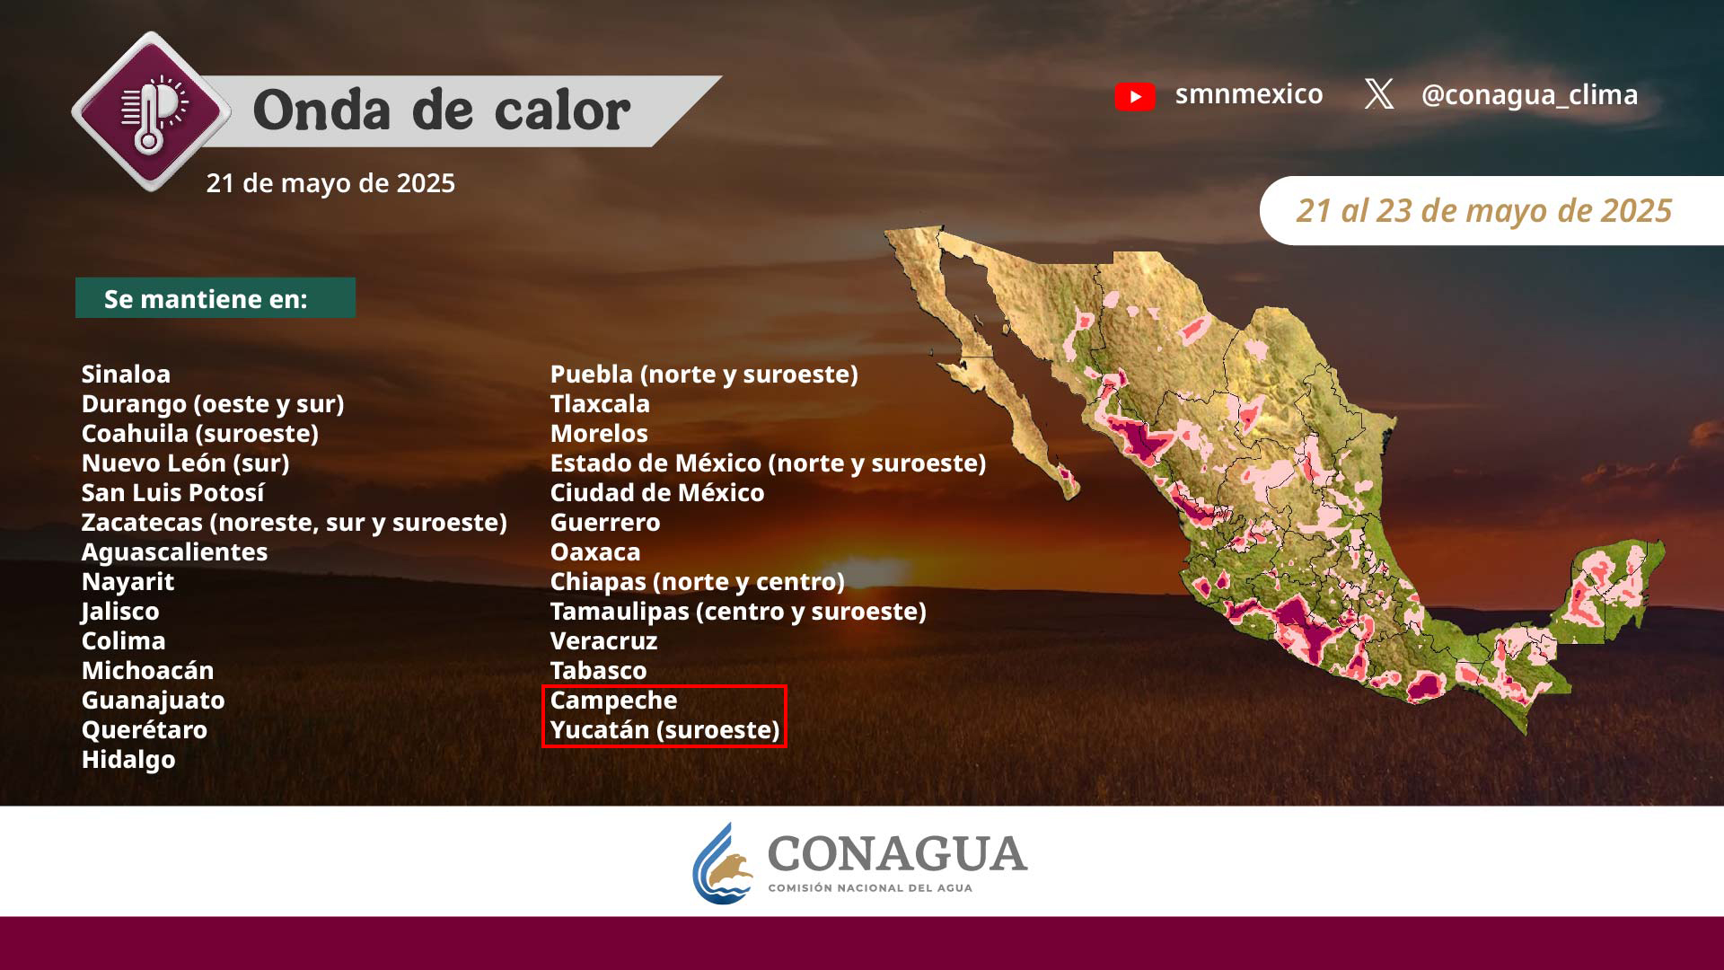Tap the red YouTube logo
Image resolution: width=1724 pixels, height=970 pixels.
(x=1135, y=96)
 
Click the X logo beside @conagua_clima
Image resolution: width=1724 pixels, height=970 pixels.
(x=1379, y=94)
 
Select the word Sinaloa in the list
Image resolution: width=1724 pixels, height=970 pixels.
(x=126, y=374)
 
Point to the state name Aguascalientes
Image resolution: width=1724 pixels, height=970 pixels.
(x=174, y=551)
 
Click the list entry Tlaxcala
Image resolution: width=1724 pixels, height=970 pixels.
(x=600, y=403)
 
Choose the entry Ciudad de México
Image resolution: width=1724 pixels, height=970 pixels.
(x=657, y=492)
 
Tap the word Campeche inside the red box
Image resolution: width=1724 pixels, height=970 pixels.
(x=613, y=701)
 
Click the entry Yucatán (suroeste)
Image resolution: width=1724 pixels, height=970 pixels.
(x=665, y=730)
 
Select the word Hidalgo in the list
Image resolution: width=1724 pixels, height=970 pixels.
(x=128, y=760)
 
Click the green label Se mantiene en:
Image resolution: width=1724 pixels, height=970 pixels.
(x=215, y=298)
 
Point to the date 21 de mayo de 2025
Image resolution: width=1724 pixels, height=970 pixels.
(x=330, y=183)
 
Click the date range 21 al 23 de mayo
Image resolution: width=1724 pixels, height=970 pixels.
(x=1484, y=211)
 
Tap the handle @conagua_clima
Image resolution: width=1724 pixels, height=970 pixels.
(x=1529, y=94)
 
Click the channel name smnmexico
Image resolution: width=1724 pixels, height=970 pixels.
(x=1249, y=94)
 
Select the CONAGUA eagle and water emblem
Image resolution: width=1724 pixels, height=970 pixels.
(x=723, y=863)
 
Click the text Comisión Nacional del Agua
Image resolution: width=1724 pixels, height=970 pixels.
(x=870, y=888)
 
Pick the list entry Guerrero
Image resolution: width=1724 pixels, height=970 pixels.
(x=605, y=522)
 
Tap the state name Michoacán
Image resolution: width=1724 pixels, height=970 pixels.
(x=148, y=670)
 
